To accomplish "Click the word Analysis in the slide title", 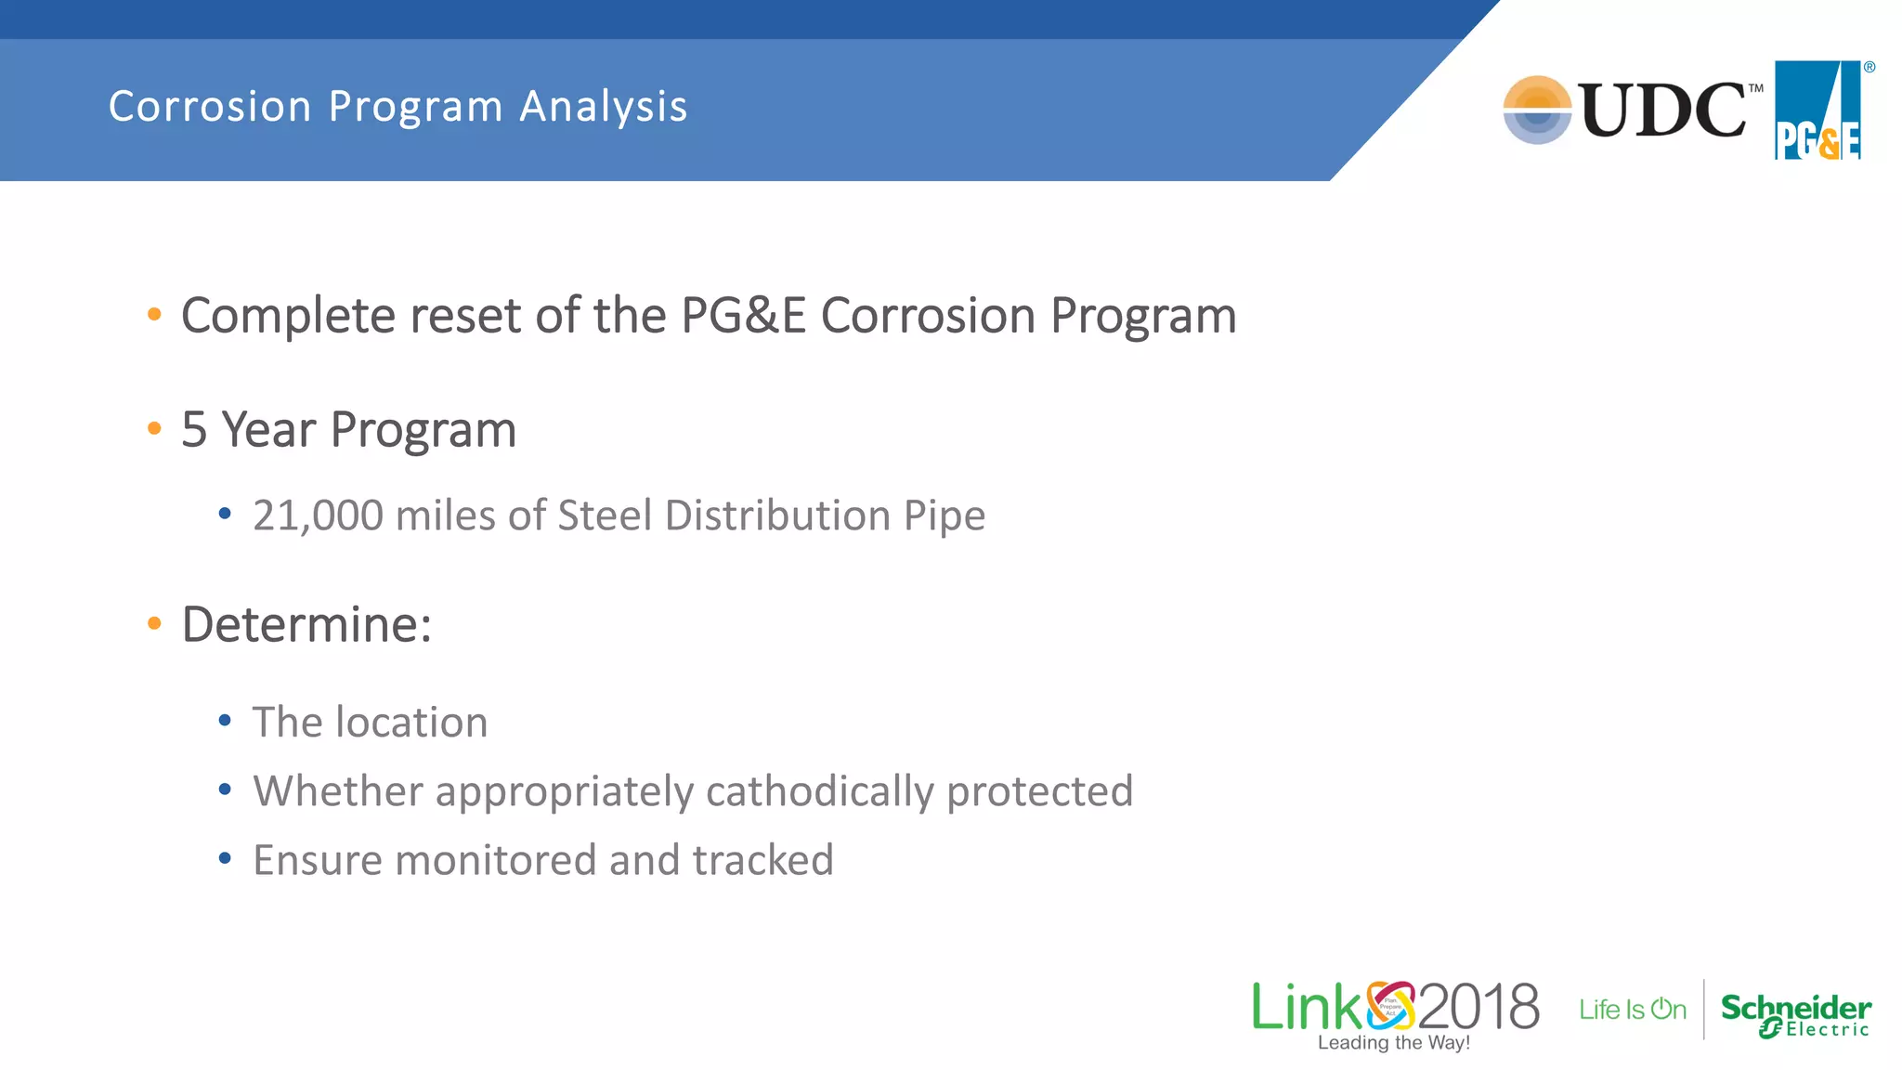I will point(603,107).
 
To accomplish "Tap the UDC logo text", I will point(1662,111).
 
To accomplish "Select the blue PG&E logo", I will point(1818,111).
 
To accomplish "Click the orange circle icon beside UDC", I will point(1537,110).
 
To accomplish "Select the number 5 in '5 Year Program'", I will point(193,430).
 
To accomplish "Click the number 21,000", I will point(318,516).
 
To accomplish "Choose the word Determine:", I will point(306,624).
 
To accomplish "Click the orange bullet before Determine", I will point(154,623).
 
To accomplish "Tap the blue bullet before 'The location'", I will point(225,721).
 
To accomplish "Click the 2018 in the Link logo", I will point(1478,1007).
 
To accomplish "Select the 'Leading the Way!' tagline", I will point(1393,1043).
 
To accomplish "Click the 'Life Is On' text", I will point(1632,1010).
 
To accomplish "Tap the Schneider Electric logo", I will point(1795,1014).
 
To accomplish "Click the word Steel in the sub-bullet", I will point(605,516).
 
